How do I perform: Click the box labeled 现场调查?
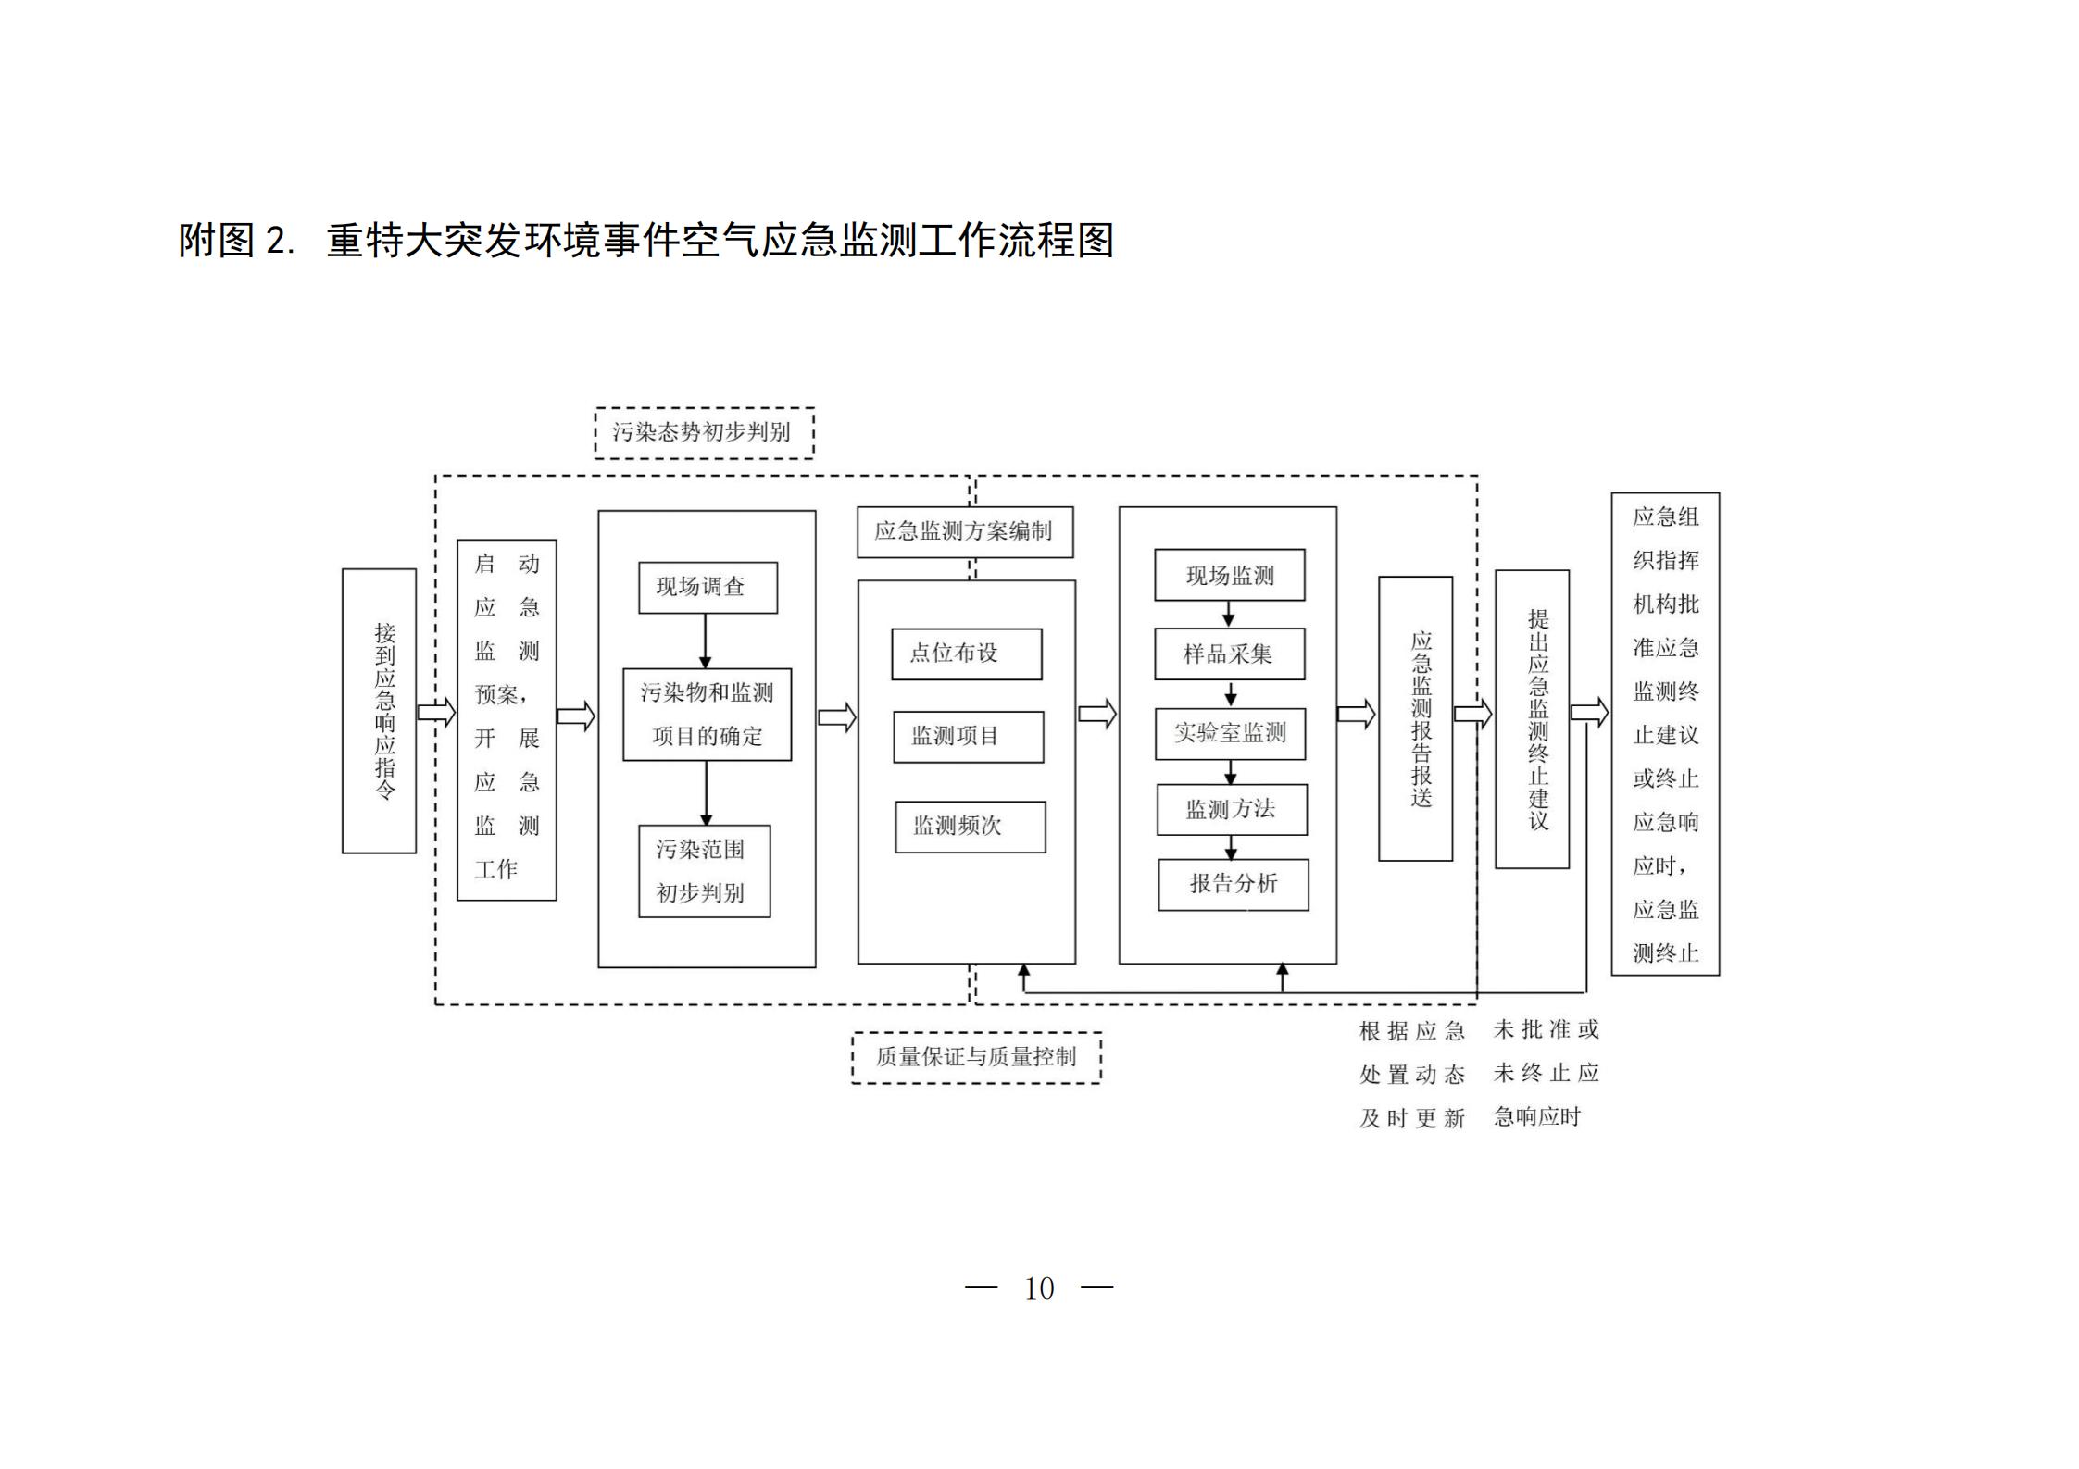tap(708, 587)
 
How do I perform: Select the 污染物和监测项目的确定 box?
tap(707, 715)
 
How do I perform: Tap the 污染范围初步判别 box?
tap(704, 871)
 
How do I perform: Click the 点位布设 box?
tap(966, 654)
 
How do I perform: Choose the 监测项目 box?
tap(968, 737)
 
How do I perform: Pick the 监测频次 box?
tap(970, 827)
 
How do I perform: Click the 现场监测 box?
tap(1229, 575)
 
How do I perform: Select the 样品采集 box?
tap(1229, 654)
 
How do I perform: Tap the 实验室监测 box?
tap(1230, 733)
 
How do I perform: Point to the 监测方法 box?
tap(1232, 809)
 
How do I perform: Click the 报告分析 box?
tap(1233, 884)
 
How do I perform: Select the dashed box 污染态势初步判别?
tap(704, 432)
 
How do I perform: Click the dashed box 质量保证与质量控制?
tap(976, 1057)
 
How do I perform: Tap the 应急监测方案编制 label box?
tap(964, 531)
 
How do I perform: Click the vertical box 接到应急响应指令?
tap(379, 711)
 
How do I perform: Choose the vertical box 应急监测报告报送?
tap(1415, 718)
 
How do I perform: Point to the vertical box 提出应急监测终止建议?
tap(1532, 719)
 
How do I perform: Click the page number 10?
tap(1039, 1288)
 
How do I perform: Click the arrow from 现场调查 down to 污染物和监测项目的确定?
tap(705, 641)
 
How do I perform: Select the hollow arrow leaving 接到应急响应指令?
tap(436, 712)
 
